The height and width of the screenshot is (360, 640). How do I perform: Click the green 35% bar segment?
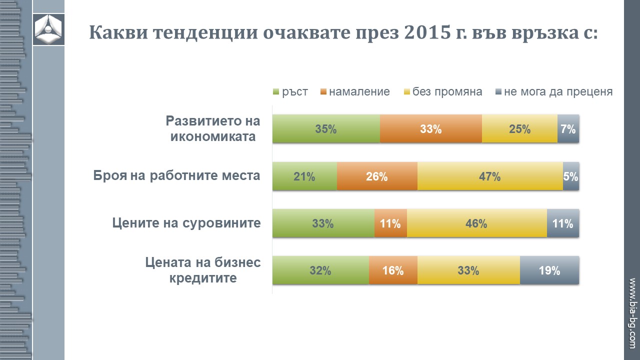325,129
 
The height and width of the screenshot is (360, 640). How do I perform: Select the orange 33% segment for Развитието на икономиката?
430,129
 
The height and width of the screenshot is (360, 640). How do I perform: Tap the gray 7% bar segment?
568,129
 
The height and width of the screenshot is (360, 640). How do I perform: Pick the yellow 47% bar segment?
489,176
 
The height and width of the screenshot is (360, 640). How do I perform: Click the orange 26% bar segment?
376,176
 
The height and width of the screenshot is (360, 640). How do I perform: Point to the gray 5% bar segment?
571,176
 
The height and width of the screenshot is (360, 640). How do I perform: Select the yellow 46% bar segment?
476,223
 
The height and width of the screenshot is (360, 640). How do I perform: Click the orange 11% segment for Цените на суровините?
390,223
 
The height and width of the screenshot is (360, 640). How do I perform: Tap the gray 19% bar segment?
549,270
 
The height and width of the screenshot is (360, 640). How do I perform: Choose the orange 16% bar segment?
393,270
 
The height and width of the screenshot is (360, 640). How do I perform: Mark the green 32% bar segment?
320,270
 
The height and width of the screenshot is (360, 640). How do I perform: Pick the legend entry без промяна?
442,92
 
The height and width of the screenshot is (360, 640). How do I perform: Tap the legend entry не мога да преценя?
553,92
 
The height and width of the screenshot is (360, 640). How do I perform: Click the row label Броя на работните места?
177,176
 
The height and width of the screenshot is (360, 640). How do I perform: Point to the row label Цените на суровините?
186,223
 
